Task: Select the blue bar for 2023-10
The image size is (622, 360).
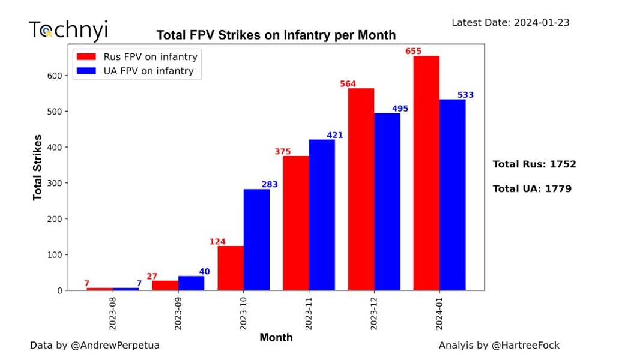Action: [x=256, y=239]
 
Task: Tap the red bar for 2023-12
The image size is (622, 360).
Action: [x=361, y=189]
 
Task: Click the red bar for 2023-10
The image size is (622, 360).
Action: [x=231, y=268]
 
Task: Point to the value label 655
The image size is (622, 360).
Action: [x=414, y=52]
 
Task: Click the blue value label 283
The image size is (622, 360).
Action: [x=270, y=184]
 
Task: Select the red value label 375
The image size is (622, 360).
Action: [x=283, y=152]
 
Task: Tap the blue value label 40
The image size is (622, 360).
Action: [x=204, y=272]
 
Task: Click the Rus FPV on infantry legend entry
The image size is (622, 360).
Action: [x=138, y=57]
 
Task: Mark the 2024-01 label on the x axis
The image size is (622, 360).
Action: [x=439, y=311]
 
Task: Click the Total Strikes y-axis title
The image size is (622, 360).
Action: [x=37, y=167]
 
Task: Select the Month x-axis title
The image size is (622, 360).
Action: [x=276, y=337]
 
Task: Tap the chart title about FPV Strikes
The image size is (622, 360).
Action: [x=276, y=35]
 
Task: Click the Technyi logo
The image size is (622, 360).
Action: [x=68, y=30]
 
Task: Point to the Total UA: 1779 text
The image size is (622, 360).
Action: [x=532, y=189]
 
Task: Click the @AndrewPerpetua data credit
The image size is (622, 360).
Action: [x=95, y=346]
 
